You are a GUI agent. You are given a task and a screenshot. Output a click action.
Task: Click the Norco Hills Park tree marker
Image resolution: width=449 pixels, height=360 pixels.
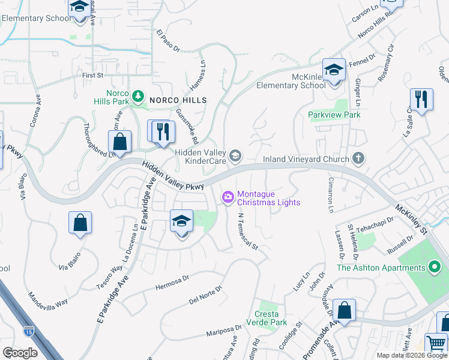click(x=139, y=95)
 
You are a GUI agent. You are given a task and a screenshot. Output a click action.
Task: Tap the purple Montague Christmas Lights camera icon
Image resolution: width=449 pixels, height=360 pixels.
click(x=228, y=196)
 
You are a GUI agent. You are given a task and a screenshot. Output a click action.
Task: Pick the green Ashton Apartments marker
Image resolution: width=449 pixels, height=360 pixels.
click(x=435, y=267)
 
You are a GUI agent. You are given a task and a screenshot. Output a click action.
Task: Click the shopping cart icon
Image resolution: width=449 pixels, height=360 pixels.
click(x=436, y=344)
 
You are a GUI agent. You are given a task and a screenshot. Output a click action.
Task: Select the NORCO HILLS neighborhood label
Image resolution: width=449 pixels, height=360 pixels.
click(x=178, y=100)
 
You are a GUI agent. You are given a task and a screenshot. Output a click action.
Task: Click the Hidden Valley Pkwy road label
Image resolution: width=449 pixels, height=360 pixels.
click(x=174, y=177)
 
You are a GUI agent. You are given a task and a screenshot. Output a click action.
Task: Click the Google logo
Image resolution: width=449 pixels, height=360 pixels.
click(x=20, y=353)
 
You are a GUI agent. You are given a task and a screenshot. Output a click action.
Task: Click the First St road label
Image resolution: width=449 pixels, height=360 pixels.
click(x=93, y=76)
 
